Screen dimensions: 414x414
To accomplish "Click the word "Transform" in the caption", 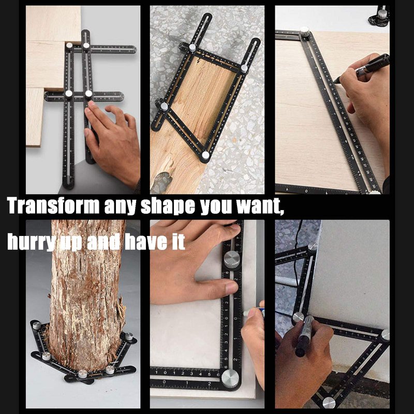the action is [x=53, y=205].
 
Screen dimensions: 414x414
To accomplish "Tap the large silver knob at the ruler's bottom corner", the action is [x=230, y=379].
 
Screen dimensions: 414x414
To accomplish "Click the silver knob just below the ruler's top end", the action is [x=232, y=259].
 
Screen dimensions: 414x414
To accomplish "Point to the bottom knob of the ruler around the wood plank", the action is [x=205, y=155].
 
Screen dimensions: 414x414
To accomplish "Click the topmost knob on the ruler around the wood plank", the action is [x=193, y=48].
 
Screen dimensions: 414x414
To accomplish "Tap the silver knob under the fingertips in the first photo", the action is [x=88, y=94].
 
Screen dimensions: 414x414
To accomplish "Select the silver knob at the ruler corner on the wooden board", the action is [x=305, y=32].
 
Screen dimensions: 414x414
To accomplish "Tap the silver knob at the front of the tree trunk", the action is [x=83, y=374].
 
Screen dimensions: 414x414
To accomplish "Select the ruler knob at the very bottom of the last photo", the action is [x=329, y=403].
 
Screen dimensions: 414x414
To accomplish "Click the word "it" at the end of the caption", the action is [x=178, y=241].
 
